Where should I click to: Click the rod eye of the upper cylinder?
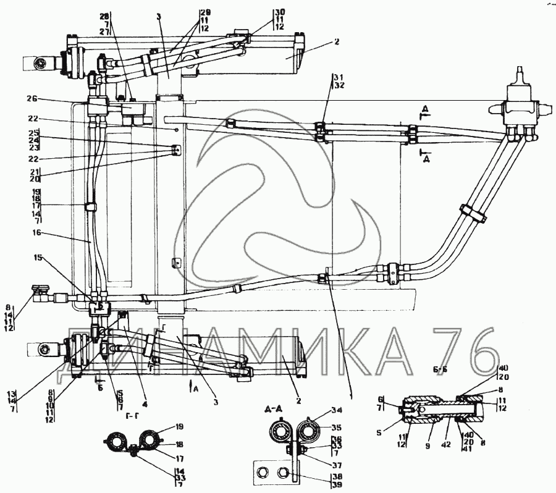click(40, 63)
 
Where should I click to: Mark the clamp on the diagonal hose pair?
click(473, 213)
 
